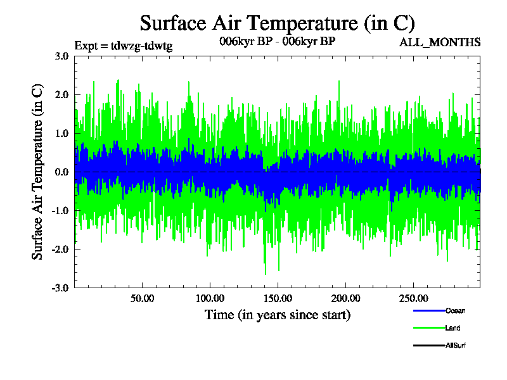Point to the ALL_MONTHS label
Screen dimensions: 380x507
click(x=439, y=42)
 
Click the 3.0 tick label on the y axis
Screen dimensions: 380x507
click(x=62, y=56)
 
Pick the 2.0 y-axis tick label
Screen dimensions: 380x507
click(x=62, y=94)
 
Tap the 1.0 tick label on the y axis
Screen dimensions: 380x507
click(x=62, y=133)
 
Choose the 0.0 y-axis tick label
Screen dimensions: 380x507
click(x=62, y=172)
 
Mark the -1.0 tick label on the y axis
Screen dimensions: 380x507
click(x=61, y=210)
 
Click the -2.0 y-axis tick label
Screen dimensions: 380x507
click(x=61, y=249)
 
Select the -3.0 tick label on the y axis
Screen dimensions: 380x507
click(x=61, y=288)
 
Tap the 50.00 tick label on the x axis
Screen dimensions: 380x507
click(x=143, y=298)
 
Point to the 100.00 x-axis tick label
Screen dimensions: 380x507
click(x=210, y=298)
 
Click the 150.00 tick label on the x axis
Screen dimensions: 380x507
click(x=278, y=298)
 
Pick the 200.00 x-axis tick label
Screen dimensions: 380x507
click(x=345, y=298)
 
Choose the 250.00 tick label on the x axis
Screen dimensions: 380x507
click(x=413, y=298)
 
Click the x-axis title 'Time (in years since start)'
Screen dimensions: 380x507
click(x=277, y=315)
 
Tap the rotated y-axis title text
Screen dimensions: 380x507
click(x=37, y=172)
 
